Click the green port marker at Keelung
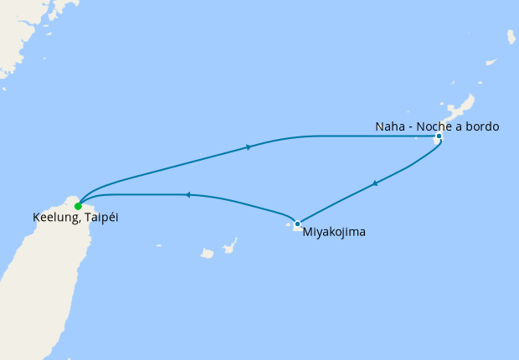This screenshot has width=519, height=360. (x=78, y=205)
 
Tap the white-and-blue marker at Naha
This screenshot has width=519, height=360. (x=439, y=138)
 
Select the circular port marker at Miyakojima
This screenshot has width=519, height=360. (x=297, y=224)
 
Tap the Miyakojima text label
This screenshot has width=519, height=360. (x=334, y=232)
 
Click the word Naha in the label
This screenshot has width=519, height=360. (x=390, y=127)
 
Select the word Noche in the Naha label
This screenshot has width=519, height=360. (x=435, y=127)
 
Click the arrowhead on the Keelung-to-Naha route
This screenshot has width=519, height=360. (x=249, y=147)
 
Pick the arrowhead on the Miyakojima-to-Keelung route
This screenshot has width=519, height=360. (x=188, y=195)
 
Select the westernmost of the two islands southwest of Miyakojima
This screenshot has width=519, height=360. (x=206, y=253)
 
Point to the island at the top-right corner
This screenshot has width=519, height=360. (x=511, y=37)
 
